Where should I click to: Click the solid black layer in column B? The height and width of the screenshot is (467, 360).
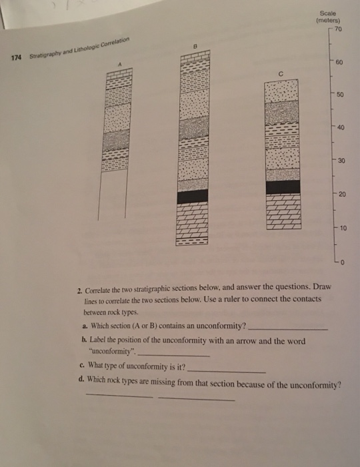click(195, 195)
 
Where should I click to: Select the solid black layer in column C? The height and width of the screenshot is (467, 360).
click(283, 187)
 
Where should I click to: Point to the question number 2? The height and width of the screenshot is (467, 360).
click(79, 290)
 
